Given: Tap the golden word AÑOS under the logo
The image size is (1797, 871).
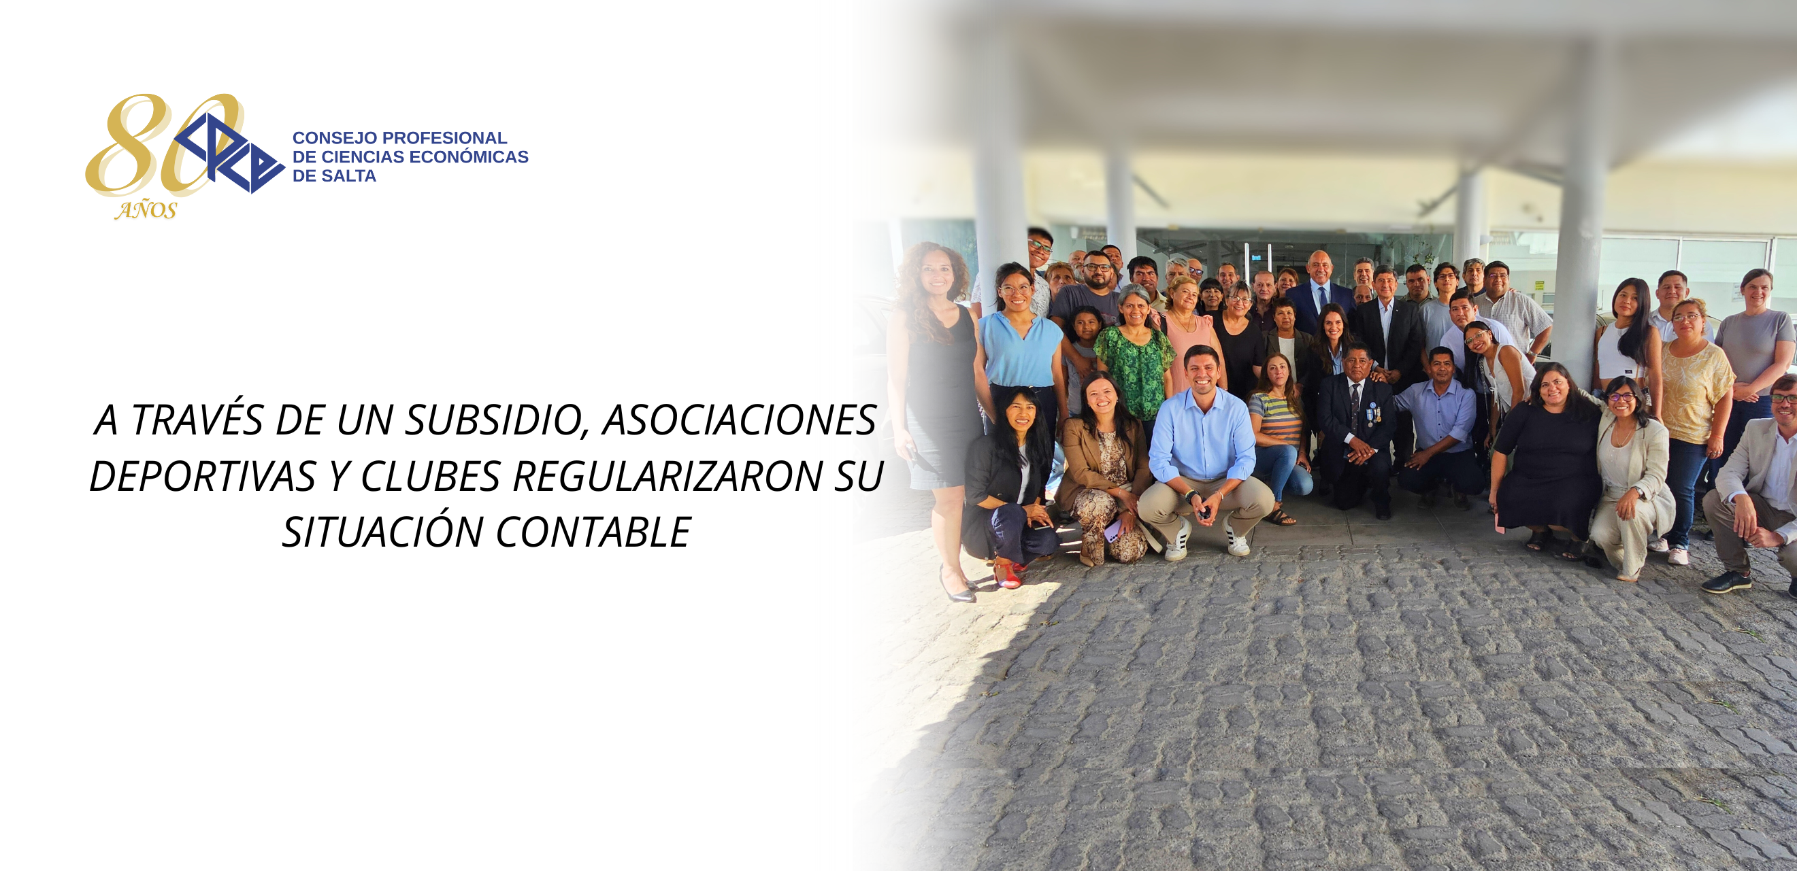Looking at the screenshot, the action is point(146,211).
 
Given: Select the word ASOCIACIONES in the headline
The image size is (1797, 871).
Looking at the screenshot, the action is point(740,420).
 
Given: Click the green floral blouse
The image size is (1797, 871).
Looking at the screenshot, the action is point(1136,370).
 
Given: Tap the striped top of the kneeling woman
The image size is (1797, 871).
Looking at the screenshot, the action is point(1276,418).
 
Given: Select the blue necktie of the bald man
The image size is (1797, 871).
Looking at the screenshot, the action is point(1321,298).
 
